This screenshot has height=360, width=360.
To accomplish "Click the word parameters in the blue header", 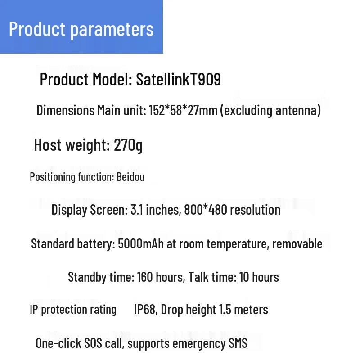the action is click(112, 30).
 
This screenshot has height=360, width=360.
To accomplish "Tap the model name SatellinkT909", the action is click(178, 79).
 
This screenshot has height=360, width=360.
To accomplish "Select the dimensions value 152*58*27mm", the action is click(183, 110).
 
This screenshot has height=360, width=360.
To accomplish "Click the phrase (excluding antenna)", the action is click(270, 110).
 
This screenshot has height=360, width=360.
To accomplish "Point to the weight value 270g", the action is click(128, 145).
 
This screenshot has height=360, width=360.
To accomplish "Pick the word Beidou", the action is click(130, 177).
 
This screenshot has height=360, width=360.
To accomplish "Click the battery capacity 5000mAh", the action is click(141, 244).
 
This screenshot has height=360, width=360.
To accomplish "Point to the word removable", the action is click(297, 243).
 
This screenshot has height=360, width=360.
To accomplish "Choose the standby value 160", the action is click(145, 277).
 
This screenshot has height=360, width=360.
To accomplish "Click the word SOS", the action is click(93, 343).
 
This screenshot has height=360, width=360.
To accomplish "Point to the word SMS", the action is click(238, 343).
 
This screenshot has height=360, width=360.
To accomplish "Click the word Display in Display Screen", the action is click(69, 210).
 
